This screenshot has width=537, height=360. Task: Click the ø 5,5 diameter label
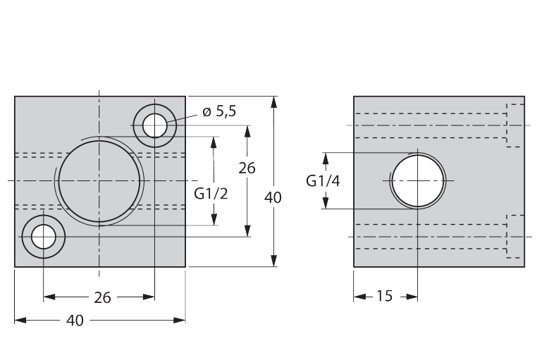pyautogui.click(x=219, y=111)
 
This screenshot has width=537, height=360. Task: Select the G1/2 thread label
pyautogui.click(x=211, y=194)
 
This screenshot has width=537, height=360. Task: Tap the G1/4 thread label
pyautogui.click(x=323, y=181)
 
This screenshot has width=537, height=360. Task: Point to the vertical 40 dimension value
pyautogui.click(x=273, y=197)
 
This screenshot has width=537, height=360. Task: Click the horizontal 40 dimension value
pyautogui.click(x=75, y=321)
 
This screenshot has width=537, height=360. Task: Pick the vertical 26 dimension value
pyautogui.click(x=247, y=168)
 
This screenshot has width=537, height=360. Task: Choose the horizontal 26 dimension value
pyautogui.click(x=102, y=298)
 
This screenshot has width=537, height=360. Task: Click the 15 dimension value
pyautogui.click(x=384, y=296)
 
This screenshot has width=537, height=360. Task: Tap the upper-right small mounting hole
pyautogui.click(x=155, y=125)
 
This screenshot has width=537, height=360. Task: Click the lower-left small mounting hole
pyautogui.click(x=44, y=237)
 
